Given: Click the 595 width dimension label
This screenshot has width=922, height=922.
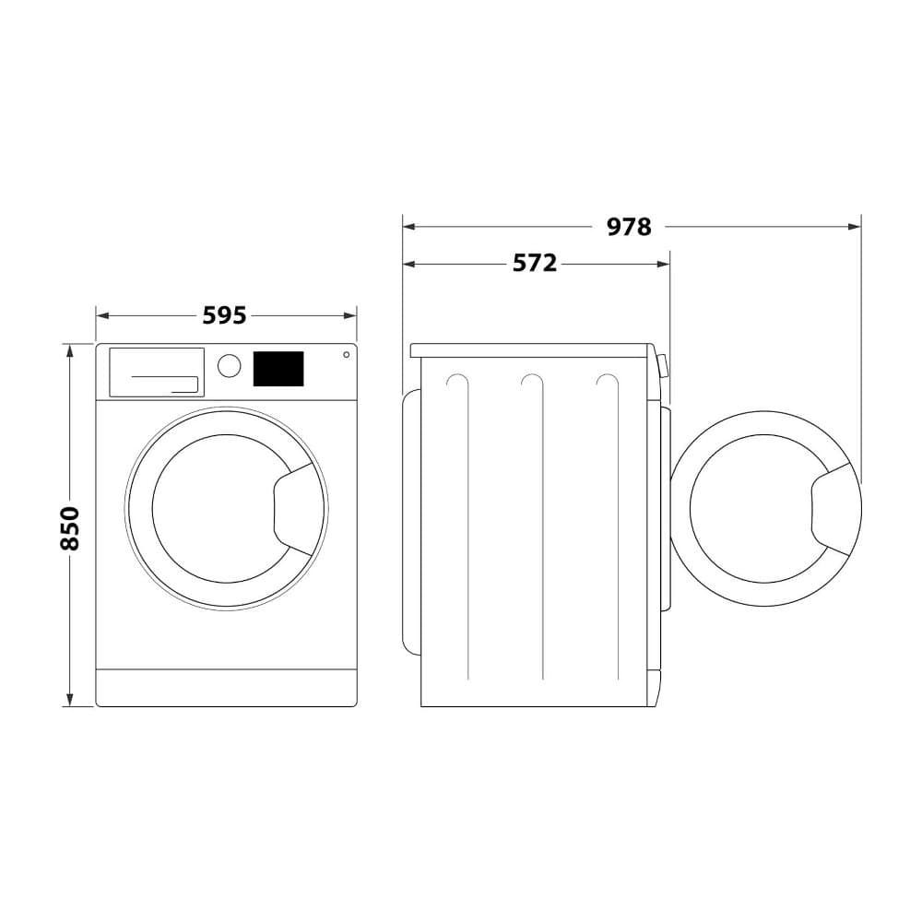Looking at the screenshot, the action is tap(224, 315).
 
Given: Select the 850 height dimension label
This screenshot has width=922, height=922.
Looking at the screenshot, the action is tap(69, 528).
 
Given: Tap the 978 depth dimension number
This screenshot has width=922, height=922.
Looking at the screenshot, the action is tap(629, 227).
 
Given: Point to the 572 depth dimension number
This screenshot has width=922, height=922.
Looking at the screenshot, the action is tap(535, 263).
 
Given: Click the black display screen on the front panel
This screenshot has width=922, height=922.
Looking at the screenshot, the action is tap(278, 369).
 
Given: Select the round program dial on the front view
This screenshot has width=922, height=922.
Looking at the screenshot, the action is tap(230, 365).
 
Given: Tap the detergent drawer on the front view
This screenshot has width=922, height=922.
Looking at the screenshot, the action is tap(157, 372).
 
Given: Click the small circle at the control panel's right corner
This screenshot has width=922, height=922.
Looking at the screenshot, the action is tap(347, 355).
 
